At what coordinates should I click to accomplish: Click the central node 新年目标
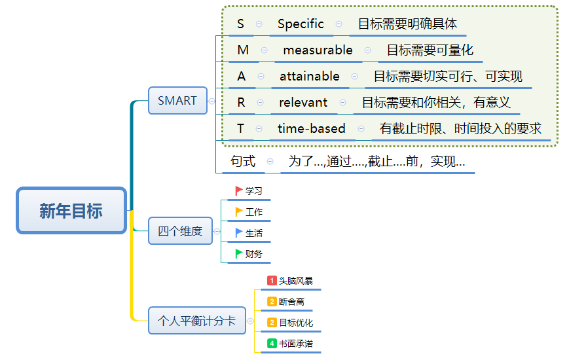[71, 211]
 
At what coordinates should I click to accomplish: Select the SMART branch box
[177, 101]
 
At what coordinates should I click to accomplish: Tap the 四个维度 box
[180, 231]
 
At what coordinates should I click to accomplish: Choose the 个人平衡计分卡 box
[196, 321]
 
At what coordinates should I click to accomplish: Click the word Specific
[301, 24]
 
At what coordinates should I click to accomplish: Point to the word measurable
[318, 50]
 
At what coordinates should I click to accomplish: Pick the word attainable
[310, 77]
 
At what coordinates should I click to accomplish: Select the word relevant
[303, 103]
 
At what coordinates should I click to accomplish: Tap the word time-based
[311, 129]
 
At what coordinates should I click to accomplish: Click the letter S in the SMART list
[240, 24]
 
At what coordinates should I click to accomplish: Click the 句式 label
[243, 161]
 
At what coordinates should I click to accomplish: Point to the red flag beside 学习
[239, 190]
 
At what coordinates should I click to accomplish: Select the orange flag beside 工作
[239, 211]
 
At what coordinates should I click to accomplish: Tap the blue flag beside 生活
[239, 232]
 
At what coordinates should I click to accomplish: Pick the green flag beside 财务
[239, 253]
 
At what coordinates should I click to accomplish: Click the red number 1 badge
[272, 281]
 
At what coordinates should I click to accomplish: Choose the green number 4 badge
[272, 344]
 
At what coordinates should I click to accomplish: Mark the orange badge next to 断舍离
[272, 302]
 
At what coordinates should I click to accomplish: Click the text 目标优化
[296, 323]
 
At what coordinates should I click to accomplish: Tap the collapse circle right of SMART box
[211, 101]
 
